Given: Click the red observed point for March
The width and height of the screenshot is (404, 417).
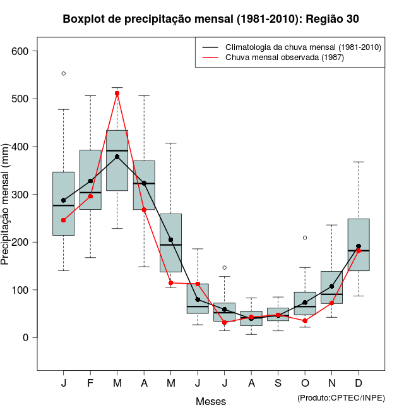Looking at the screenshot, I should pyautogui.click(x=117, y=94).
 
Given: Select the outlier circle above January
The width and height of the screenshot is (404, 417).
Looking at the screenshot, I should pyautogui.click(x=64, y=73).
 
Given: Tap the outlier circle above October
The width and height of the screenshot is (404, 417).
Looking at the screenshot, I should pyautogui.click(x=305, y=238).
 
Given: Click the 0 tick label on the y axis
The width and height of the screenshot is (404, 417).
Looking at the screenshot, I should pyautogui.click(x=26, y=338).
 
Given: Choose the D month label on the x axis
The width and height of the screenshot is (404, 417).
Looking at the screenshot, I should pyautogui.click(x=359, y=384).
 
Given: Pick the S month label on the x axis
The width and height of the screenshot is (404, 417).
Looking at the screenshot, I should pyautogui.click(x=278, y=384).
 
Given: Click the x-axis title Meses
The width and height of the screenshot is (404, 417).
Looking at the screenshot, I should pyautogui.click(x=211, y=401).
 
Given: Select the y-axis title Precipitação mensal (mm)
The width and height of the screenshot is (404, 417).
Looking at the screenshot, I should pyautogui.click(x=8, y=212).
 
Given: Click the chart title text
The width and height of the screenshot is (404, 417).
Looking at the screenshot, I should pyautogui.click(x=211, y=19).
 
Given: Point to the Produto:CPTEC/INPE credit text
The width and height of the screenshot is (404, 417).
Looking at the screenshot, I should pyautogui.click(x=341, y=397).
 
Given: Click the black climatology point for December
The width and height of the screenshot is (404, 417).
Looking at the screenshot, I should pyautogui.click(x=359, y=246).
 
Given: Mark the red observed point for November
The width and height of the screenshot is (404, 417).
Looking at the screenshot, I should pyautogui.click(x=332, y=303).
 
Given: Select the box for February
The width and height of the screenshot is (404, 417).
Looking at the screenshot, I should pyautogui.click(x=90, y=179).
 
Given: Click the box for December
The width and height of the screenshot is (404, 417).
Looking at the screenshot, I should pyautogui.click(x=359, y=245).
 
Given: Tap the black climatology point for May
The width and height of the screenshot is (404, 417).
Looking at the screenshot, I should pyautogui.click(x=171, y=240).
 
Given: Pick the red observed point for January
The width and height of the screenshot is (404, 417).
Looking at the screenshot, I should pyautogui.click(x=64, y=220).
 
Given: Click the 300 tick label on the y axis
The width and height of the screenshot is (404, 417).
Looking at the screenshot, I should pyautogui.click(x=20, y=195).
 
